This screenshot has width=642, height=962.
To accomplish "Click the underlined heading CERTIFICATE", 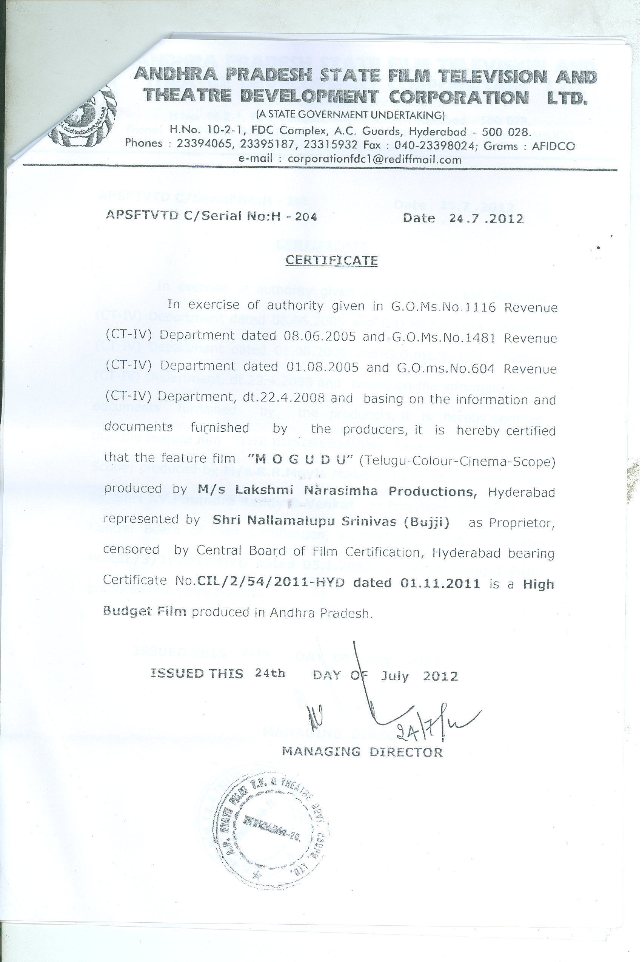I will click(x=331, y=261).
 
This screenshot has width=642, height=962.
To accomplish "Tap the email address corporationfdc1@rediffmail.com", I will click(x=374, y=159).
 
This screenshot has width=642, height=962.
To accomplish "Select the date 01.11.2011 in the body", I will click(x=440, y=584).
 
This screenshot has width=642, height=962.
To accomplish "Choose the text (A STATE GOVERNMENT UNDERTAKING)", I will click(x=350, y=115).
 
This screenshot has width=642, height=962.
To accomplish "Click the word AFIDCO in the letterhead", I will click(x=553, y=146).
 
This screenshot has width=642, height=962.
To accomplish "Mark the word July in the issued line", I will click(x=395, y=676).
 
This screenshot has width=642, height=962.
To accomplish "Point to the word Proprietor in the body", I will click(x=522, y=523).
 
